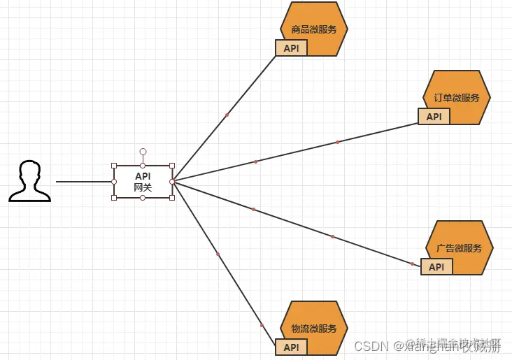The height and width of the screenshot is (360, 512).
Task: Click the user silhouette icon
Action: pyautogui.click(x=29, y=181)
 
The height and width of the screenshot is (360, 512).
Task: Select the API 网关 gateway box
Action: pyautogui.click(x=143, y=182)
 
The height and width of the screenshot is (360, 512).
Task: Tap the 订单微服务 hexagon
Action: pyautogui.click(x=457, y=96)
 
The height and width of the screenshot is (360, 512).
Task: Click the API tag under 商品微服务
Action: pyautogui.click(x=291, y=48)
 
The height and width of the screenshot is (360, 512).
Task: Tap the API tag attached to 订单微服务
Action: pyautogui.click(x=434, y=116)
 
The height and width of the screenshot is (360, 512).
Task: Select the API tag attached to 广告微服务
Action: pyautogui.click(x=436, y=266)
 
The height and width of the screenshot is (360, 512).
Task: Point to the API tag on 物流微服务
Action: pyautogui.click(x=291, y=347)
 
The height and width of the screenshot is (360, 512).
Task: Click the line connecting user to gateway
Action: pyautogui.click(x=84, y=182)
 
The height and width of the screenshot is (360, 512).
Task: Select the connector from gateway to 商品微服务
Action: pyautogui.click(x=227, y=115)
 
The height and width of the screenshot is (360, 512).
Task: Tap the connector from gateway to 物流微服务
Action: pyautogui.click(x=218, y=254)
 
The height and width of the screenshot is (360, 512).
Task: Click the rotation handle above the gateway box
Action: pyautogui.click(x=143, y=151)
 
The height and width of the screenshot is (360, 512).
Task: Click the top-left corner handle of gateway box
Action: pyautogui.click(x=114, y=166)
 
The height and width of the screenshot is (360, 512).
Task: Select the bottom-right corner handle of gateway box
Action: pyautogui.click(x=172, y=198)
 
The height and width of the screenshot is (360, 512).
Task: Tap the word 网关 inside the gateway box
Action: pyautogui.click(x=143, y=187)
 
